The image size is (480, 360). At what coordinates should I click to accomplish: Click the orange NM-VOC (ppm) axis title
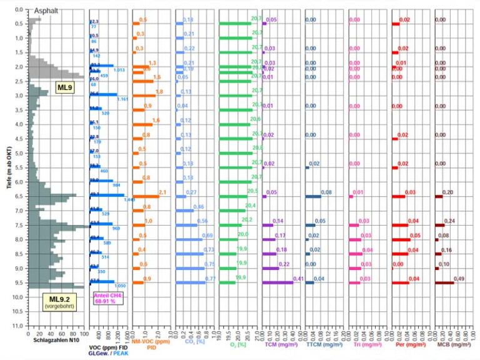(x=151, y=342)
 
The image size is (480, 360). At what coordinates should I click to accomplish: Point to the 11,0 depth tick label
(x=18, y=326)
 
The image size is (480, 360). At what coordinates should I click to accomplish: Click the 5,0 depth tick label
(x=18, y=153)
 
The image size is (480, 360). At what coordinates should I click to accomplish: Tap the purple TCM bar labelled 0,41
(x=277, y=282)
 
